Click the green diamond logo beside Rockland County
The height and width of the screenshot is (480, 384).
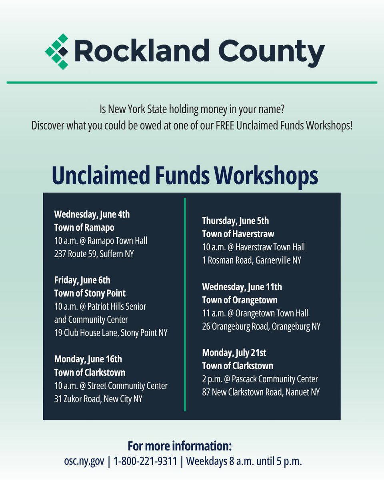(57, 52)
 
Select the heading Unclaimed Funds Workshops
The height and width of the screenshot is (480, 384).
(185, 176)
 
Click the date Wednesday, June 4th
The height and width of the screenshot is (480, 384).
(92, 214)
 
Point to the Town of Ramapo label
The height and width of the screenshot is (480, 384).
(84, 227)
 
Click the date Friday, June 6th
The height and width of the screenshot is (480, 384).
(82, 280)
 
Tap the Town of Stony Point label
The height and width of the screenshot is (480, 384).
(90, 293)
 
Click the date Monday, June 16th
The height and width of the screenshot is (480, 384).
(88, 359)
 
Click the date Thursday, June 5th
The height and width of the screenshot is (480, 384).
(235, 220)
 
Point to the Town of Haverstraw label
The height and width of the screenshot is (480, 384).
(238, 234)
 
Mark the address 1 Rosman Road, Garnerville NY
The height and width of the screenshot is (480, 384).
(252, 260)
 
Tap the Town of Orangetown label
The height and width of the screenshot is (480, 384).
(240, 300)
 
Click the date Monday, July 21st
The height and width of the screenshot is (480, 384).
(234, 352)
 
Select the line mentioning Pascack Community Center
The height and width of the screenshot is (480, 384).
(260, 379)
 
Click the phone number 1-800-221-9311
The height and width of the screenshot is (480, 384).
(145, 461)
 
